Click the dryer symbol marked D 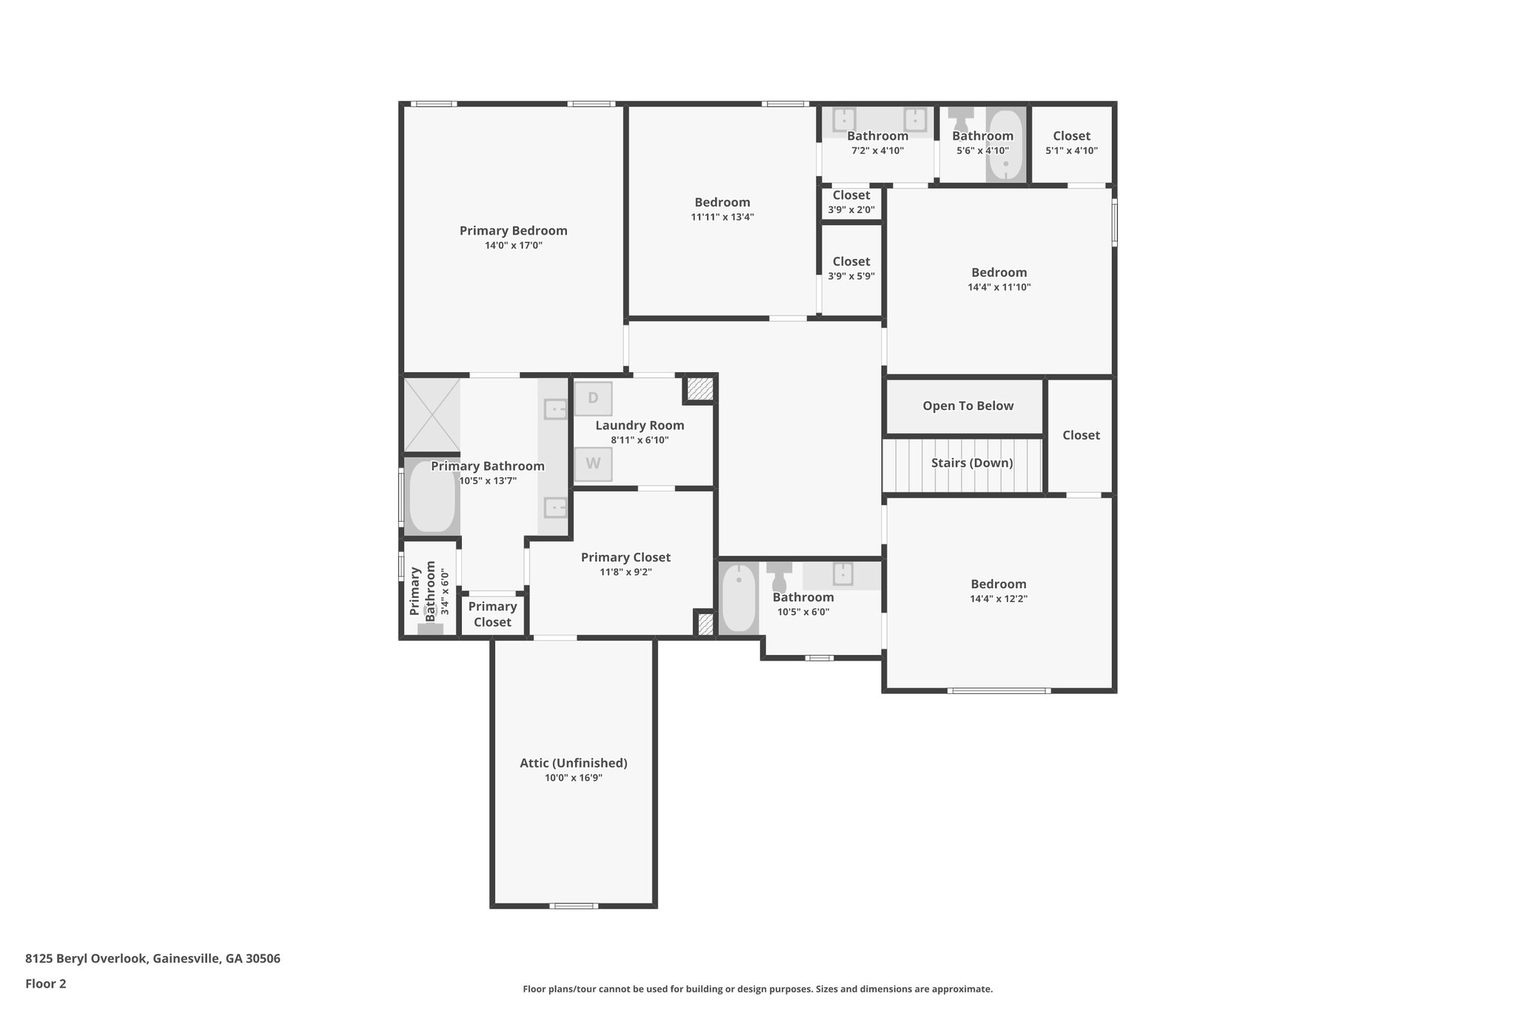click(593, 399)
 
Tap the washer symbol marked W click(593, 464)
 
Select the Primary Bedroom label click(513, 231)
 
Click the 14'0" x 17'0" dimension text click(513, 246)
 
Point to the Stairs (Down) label click(971, 463)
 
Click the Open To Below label click(967, 405)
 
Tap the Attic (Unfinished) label click(573, 763)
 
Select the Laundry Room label click(640, 425)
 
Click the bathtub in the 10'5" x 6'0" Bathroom click(738, 598)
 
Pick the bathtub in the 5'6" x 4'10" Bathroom click(1005, 145)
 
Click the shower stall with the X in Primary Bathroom click(432, 414)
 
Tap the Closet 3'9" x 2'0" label click(851, 195)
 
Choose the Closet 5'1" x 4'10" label click(1071, 136)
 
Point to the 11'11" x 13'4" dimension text click(722, 217)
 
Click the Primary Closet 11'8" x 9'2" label click(625, 558)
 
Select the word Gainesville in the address click(187, 958)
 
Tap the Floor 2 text click(45, 983)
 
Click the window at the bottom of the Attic click(574, 906)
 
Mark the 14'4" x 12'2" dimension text click(998, 599)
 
